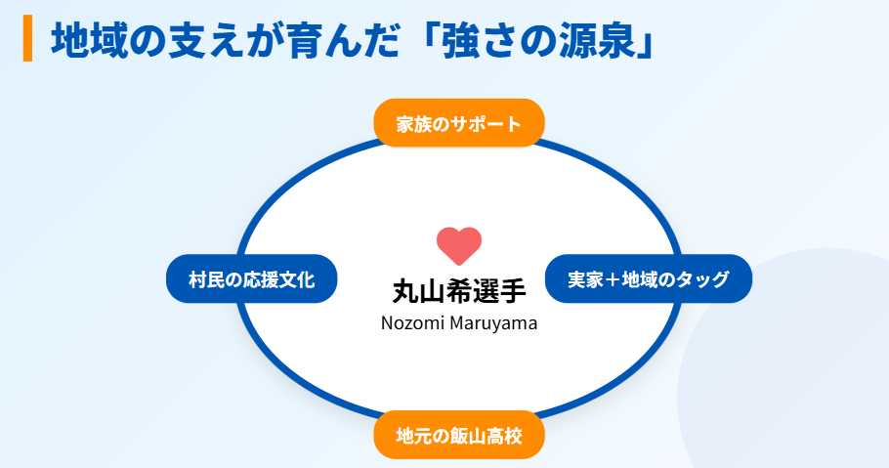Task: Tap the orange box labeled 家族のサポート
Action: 459,123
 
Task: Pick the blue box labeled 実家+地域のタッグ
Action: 648,279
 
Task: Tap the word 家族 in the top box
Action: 411,124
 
